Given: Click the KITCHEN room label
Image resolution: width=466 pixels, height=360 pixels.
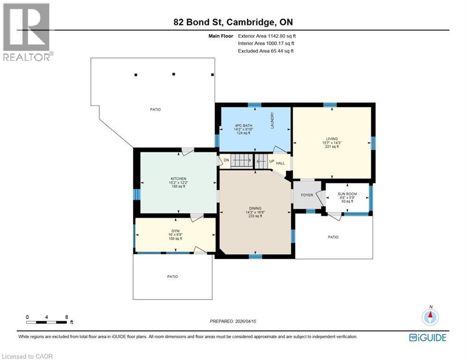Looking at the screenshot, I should pyautogui.click(x=178, y=179).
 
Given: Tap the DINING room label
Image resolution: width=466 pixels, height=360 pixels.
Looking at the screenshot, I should pyautogui.click(x=255, y=208).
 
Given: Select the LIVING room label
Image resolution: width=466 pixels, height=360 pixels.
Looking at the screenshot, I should pyautogui.click(x=332, y=139).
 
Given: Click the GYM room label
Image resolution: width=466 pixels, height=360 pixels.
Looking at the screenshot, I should pyautogui.click(x=175, y=231).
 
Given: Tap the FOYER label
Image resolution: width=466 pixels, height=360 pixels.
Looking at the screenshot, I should pyautogui.click(x=307, y=195).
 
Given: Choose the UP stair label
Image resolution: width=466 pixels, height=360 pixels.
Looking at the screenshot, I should pyautogui.click(x=272, y=161).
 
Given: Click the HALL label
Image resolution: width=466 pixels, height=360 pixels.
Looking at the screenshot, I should pyautogui.click(x=280, y=163).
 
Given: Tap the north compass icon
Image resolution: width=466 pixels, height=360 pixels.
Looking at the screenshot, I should pyautogui.click(x=430, y=317).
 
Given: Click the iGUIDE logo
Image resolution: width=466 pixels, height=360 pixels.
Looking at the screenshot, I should pyautogui.click(x=428, y=337).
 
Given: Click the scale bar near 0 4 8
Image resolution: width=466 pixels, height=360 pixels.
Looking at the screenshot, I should pyautogui.click(x=47, y=322).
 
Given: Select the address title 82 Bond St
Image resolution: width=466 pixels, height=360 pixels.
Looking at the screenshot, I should pyautogui.click(x=231, y=22).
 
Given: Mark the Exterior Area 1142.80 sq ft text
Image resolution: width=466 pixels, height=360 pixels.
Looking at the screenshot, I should pyautogui.click(x=267, y=36).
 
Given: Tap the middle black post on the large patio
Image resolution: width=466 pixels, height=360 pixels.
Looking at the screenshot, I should pyautogui.click(x=173, y=74).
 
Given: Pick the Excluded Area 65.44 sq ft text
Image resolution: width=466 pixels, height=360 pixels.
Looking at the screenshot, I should pyautogui.click(x=266, y=51).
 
